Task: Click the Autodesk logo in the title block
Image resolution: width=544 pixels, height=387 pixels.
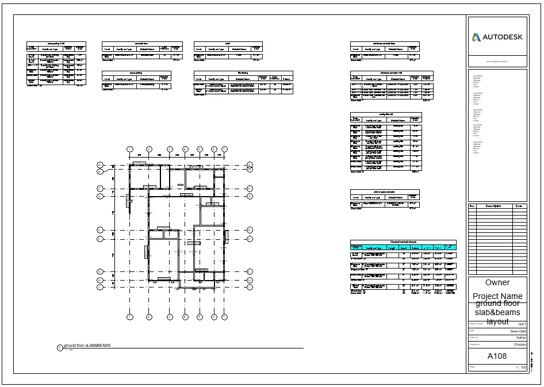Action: click(497, 37)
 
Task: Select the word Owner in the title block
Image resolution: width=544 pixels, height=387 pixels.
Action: click(497, 282)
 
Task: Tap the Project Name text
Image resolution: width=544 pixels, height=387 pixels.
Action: click(497, 296)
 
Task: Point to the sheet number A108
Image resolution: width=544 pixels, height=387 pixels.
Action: click(497, 356)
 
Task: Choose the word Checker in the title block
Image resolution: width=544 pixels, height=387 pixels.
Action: click(519, 344)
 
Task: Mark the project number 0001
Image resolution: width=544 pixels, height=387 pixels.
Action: click(522, 325)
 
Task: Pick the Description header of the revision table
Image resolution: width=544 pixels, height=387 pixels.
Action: click(494, 206)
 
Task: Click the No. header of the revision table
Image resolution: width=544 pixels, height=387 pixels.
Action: click(472, 206)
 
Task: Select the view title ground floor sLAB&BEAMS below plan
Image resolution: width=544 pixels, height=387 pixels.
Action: click(87, 345)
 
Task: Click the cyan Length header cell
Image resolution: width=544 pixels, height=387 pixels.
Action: click(392, 248)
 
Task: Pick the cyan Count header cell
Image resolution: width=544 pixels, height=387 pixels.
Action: click(404, 248)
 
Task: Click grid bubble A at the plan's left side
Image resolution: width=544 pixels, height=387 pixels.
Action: click(100, 166)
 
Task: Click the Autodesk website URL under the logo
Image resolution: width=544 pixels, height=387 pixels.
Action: click(496, 61)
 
